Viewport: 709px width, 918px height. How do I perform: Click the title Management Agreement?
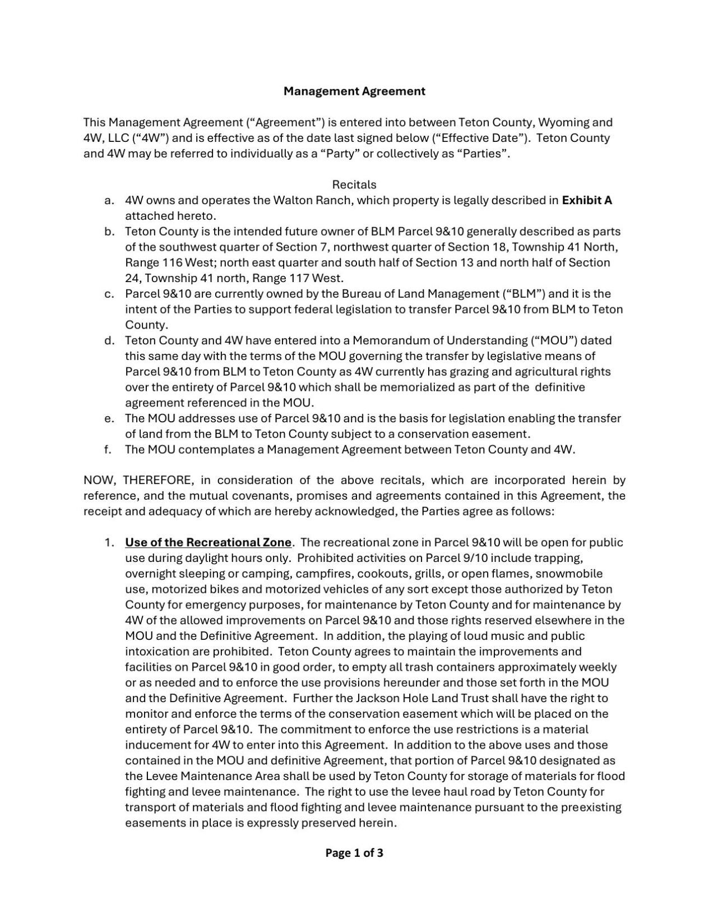tap(354, 91)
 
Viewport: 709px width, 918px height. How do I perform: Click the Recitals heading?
tap(354, 184)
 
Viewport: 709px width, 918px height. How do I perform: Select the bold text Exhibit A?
tap(587, 200)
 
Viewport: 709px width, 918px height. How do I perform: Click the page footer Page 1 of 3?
tap(354, 853)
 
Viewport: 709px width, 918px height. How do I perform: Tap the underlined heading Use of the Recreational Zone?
tap(208, 542)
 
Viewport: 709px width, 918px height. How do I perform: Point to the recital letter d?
tap(109, 340)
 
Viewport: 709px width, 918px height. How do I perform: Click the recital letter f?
tap(109, 449)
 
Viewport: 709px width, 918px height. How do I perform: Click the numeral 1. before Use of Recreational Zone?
tap(110, 542)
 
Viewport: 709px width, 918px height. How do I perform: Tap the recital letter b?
tap(109, 232)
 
